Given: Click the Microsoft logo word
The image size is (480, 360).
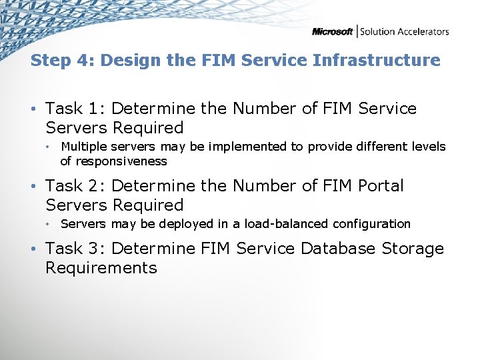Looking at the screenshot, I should click(333, 31).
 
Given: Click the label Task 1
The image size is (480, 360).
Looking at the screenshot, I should click(73, 109).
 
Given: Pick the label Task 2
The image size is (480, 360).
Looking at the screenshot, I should click(73, 186).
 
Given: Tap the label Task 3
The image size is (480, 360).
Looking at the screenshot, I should click(73, 249).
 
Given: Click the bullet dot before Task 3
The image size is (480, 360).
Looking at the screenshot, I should click(33, 249).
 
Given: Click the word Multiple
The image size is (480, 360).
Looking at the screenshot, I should click(83, 147).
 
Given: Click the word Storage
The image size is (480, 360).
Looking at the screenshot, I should click(413, 249).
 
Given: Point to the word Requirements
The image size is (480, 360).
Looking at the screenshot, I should click(101, 268).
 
